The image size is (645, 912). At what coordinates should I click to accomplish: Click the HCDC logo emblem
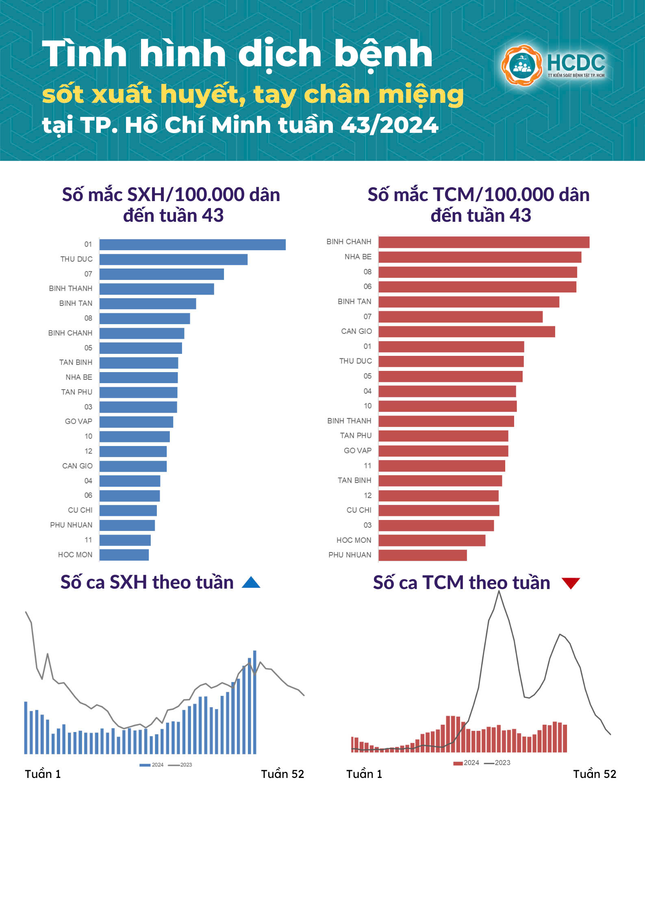tap(521, 65)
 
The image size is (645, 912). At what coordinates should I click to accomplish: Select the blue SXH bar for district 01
tap(192, 245)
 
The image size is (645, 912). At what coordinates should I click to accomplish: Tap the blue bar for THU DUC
tap(173, 260)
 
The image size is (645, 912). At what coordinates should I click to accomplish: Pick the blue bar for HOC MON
tap(124, 555)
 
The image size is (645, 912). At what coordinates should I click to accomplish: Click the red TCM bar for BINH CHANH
tap(484, 243)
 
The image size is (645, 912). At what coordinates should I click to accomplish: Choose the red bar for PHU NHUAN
tap(422, 555)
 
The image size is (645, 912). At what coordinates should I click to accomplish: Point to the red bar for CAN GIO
tap(467, 332)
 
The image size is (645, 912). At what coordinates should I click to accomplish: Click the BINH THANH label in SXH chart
tap(71, 288)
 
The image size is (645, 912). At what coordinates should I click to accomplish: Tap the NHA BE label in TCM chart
tap(358, 257)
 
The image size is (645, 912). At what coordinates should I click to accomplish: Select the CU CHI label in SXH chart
tap(80, 510)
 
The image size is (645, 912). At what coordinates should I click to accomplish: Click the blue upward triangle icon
tap(251, 583)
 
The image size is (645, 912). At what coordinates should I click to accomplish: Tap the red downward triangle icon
tap(571, 583)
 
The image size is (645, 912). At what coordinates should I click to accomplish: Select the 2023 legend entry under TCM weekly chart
tap(497, 763)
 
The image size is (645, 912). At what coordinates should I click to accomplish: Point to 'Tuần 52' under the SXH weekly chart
tap(282, 774)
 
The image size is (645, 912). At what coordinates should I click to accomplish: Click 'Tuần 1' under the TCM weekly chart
tap(364, 774)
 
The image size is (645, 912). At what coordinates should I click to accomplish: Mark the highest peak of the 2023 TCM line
tap(499, 591)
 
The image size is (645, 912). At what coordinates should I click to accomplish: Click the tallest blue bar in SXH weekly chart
tap(255, 702)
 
